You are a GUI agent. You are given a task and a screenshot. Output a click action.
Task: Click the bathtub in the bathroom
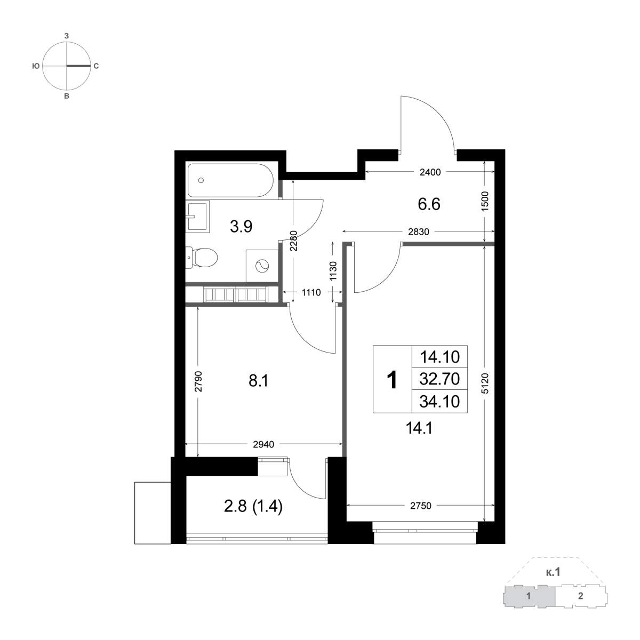[230, 180]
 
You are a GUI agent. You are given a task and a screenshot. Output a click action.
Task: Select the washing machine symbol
[262, 266]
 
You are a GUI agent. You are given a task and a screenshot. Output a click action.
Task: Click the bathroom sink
[197, 217]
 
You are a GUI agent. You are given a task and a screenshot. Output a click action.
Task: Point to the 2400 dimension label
[430, 172]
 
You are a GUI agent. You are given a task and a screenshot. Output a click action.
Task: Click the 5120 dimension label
[485, 383]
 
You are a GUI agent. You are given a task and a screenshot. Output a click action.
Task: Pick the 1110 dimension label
[311, 292]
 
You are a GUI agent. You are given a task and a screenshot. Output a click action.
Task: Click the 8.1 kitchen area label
[258, 381]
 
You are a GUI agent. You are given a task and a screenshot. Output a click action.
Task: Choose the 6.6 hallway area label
[429, 204]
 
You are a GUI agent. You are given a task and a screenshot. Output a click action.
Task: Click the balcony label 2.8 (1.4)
[253, 507]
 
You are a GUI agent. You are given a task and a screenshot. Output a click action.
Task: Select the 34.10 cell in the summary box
[439, 402]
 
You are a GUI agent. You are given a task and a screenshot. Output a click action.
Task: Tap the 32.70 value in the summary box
[439, 379]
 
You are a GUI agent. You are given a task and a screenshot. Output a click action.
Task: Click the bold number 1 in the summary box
[392, 380]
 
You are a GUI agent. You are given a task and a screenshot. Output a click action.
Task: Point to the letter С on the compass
[96, 66]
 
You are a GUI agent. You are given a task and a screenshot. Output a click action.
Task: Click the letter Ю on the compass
[36, 66]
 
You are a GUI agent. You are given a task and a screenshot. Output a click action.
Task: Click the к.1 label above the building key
[553, 572]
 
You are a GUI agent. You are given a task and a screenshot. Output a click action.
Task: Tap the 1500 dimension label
[485, 201]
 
